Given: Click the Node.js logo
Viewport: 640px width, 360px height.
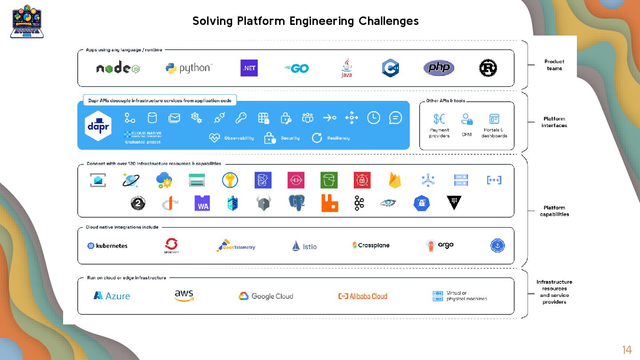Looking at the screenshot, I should (x=118, y=68).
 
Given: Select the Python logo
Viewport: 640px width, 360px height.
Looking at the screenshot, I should (x=189, y=68).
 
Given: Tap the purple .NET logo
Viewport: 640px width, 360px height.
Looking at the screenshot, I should (x=249, y=68).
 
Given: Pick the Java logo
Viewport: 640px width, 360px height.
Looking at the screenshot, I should (x=346, y=68).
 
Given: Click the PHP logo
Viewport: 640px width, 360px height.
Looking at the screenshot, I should (x=438, y=68).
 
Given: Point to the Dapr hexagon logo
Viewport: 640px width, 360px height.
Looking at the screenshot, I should (x=98, y=126).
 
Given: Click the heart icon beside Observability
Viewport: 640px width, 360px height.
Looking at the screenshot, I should (x=214, y=138).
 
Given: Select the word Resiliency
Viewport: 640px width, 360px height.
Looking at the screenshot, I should (x=338, y=138).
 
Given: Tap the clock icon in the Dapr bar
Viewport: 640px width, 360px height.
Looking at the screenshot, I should (x=373, y=118).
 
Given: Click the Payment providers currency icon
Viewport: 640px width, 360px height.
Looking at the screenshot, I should (x=439, y=119).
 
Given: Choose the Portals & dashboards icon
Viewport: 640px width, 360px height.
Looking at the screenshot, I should (x=494, y=119).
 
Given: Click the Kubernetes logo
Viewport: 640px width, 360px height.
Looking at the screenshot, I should (x=107, y=245).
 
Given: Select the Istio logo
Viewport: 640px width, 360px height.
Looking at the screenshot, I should (x=304, y=246).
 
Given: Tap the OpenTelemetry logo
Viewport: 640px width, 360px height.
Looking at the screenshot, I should (x=236, y=246).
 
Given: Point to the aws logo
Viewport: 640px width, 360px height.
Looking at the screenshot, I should (x=184, y=296).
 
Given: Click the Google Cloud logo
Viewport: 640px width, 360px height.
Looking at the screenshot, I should (x=266, y=296).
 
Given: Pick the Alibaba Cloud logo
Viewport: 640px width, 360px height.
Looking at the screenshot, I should (x=363, y=296).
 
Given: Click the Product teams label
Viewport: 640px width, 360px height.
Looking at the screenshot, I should (x=554, y=65).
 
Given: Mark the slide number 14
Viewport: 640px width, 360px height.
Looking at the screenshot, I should (x=627, y=350).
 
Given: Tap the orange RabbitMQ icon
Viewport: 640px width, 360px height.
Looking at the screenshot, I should (x=329, y=203).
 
